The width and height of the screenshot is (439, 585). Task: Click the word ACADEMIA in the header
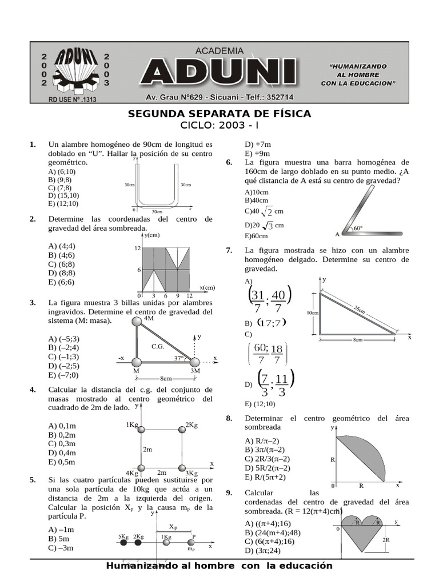(x=219, y=51)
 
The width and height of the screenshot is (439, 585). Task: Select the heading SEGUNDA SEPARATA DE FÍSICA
(x=219, y=114)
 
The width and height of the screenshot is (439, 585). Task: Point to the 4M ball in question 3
(x=137, y=322)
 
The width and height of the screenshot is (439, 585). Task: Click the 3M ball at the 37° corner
(x=195, y=362)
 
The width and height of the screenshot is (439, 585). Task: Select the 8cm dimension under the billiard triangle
(x=166, y=378)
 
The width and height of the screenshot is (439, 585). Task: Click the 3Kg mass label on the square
(x=191, y=472)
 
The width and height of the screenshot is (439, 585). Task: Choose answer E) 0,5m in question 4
(x=62, y=462)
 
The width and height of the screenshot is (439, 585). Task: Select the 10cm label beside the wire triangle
(x=312, y=312)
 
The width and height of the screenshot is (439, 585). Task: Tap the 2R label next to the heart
(x=386, y=539)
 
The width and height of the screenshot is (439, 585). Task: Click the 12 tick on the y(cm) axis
(x=137, y=249)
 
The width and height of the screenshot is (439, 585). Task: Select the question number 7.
(x=229, y=250)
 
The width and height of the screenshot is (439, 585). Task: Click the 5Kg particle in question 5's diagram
(x=123, y=543)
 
